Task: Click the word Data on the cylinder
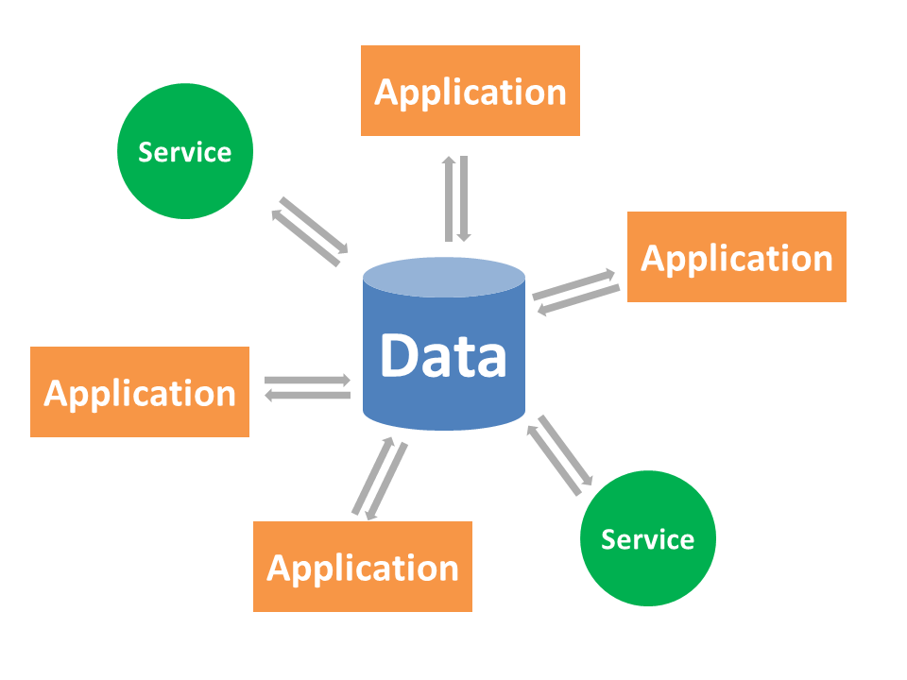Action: [443, 357]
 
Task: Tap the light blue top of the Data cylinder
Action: [444, 277]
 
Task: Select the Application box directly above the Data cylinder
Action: [471, 91]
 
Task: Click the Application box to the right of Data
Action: [737, 257]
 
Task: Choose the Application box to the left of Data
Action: [140, 392]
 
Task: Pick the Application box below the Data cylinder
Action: [363, 567]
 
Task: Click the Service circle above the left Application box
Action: [185, 151]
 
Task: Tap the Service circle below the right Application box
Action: [648, 539]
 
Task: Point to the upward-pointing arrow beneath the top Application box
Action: [450, 198]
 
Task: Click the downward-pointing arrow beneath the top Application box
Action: [463, 198]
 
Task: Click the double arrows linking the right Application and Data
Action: [576, 292]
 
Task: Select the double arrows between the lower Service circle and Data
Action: [562, 456]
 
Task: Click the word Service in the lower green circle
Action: [648, 539]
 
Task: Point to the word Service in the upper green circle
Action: [185, 151]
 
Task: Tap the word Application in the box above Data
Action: [471, 92]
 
